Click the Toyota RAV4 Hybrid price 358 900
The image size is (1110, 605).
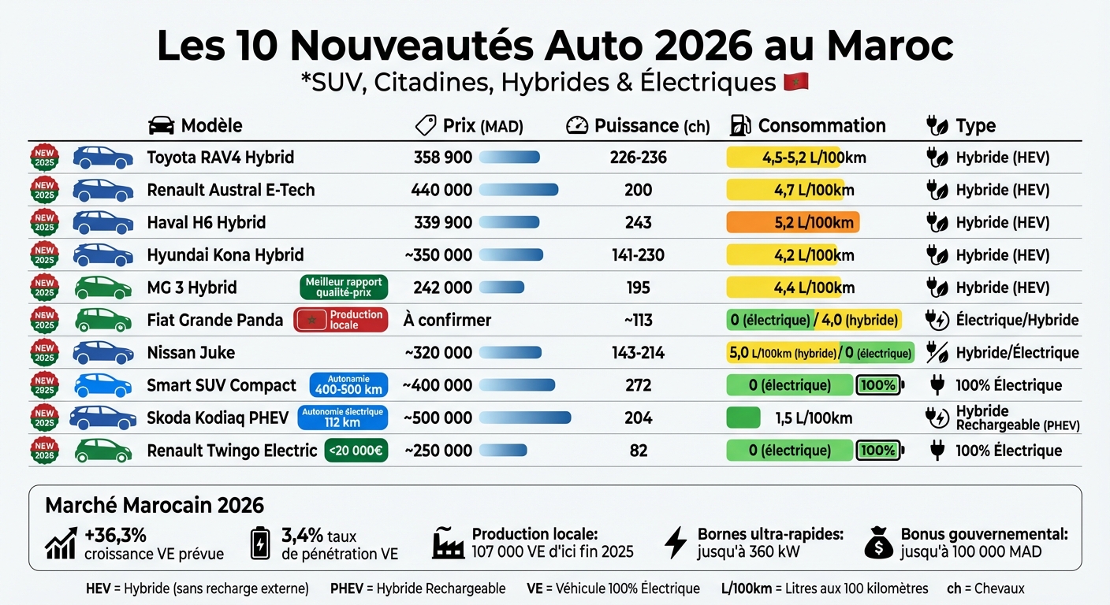pos(442,158)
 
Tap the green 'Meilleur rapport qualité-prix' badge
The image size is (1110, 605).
pos(344,288)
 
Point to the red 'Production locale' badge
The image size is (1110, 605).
pos(341,320)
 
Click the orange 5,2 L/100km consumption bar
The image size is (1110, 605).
pos(792,223)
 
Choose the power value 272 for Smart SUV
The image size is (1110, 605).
pos(638,385)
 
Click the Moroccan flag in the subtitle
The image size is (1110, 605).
pos(796,82)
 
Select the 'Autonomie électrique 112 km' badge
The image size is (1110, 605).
pos(342,418)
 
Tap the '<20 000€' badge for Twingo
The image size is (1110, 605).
pos(356,451)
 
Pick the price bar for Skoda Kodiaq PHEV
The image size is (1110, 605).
pos(525,418)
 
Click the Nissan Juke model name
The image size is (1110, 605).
pos(191,353)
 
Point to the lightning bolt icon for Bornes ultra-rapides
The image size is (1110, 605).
pos(675,543)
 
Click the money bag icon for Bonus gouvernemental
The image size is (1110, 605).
pos(879,543)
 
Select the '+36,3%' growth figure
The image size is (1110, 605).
pos(115,535)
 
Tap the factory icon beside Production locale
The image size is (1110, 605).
pos(448,543)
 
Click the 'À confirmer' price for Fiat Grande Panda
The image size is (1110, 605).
pos(446,320)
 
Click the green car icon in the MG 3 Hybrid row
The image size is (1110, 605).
pos(102,288)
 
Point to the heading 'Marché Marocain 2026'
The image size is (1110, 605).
pos(155,505)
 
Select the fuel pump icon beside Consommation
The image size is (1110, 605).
pos(740,126)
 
